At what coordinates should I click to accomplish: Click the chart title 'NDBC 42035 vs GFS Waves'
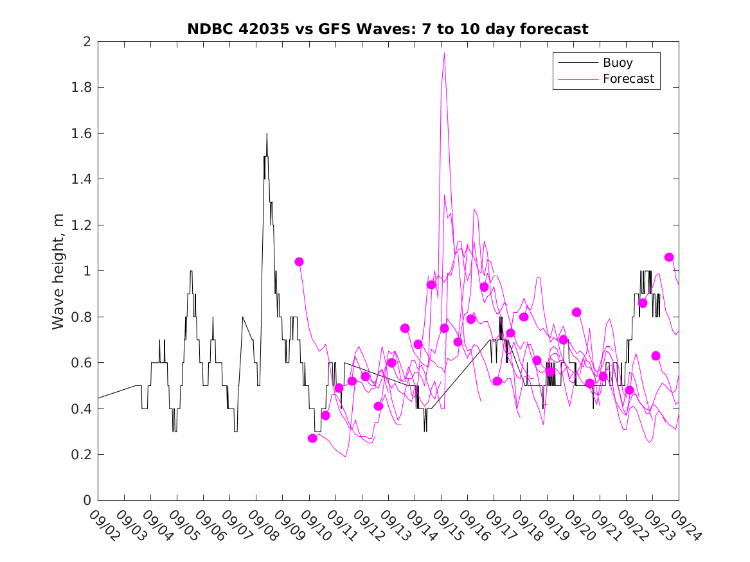[x=388, y=29]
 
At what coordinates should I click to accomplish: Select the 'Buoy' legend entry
[x=618, y=63]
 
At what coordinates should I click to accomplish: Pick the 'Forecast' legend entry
[x=628, y=79]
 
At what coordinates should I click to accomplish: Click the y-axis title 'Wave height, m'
[x=58, y=271]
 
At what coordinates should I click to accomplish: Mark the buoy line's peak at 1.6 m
[x=267, y=134]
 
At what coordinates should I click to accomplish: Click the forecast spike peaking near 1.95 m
[x=444, y=53]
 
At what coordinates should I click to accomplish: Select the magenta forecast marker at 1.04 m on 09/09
[x=299, y=261]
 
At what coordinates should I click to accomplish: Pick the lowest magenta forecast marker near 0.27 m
[x=312, y=438]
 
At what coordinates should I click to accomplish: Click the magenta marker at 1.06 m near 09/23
[x=669, y=257]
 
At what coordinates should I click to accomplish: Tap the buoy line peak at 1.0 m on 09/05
[x=191, y=271]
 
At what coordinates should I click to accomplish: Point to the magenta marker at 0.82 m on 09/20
[x=576, y=312]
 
